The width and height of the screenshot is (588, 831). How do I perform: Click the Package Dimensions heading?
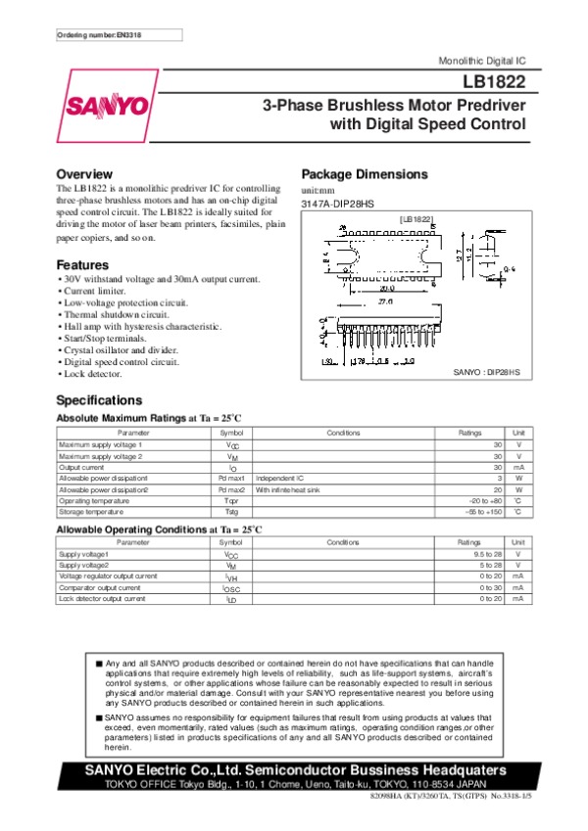[364, 174]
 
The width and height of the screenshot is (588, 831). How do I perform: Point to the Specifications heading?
[99, 400]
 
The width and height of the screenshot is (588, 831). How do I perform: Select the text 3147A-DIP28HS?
[337, 204]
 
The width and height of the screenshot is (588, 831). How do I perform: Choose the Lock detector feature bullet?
[91, 374]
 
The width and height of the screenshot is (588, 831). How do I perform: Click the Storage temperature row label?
[92, 512]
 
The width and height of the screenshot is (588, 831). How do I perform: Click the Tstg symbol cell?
[231, 512]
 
